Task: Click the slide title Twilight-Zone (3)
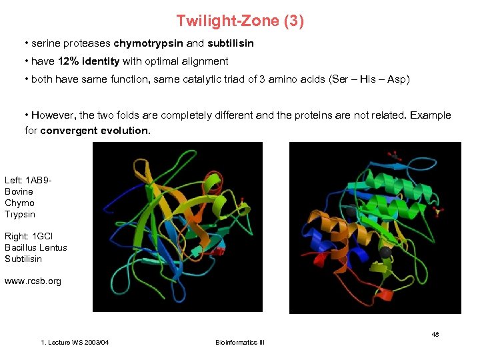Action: (x=240, y=21)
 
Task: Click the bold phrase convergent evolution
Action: (x=95, y=131)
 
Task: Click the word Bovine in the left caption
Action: (x=19, y=191)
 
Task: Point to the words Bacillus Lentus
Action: (x=36, y=247)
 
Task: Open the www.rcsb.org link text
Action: (x=33, y=281)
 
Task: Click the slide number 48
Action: (x=435, y=334)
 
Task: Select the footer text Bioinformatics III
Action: (x=240, y=343)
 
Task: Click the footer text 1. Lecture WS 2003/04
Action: (x=75, y=343)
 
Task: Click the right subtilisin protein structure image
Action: (x=375, y=228)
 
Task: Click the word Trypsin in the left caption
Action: (x=19, y=214)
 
